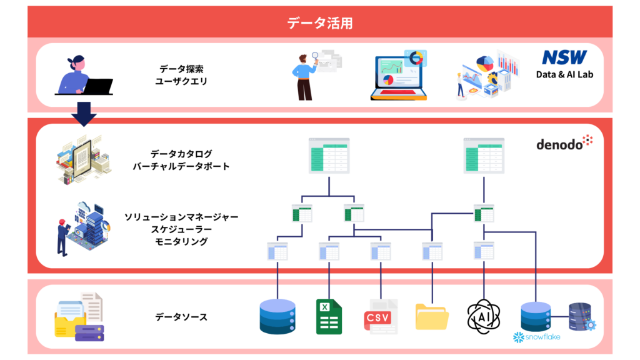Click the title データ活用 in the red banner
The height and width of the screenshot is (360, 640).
coord(320,23)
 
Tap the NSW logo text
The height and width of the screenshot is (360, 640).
coord(564,57)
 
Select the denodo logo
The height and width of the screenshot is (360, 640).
coord(564,142)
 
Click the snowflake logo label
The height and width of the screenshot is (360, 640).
coord(536,337)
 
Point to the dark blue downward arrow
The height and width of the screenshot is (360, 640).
coord(84,114)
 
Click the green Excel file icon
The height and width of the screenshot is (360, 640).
coord(329,317)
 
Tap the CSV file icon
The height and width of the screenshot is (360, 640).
coord(381,317)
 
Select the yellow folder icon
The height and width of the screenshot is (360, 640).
coord(432,316)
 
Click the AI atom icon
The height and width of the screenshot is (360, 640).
coord(484,316)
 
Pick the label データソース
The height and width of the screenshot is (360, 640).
coord(181,317)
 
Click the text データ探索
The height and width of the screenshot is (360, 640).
coord(181,69)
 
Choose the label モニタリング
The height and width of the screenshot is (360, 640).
coord(181,241)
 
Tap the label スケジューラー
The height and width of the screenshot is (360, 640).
coord(181,229)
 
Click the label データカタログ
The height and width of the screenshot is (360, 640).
coord(181,154)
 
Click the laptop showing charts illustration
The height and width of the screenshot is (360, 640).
coord(399,76)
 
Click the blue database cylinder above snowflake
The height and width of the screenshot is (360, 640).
coord(536,316)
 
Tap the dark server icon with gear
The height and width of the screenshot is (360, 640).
coord(582,316)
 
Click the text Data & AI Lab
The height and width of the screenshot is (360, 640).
coord(564,74)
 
